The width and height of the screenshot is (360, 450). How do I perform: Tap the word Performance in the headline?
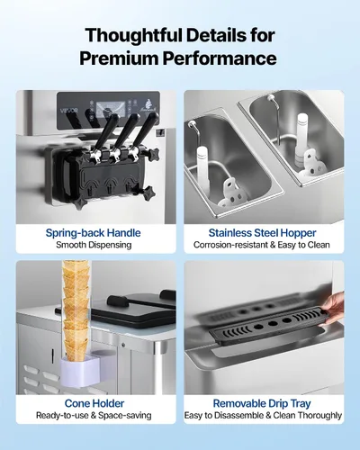click(220, 58)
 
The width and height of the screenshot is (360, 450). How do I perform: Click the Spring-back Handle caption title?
click(93, 233)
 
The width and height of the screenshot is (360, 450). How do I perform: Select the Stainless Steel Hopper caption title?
click(262, 233)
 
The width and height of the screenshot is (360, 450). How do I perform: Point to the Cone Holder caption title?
click(94, 403)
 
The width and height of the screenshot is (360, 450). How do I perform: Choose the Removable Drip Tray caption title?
click(262, 403)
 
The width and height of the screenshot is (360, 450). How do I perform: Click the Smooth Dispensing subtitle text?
click(94, 245)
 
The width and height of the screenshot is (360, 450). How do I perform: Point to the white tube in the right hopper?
click(302, 137)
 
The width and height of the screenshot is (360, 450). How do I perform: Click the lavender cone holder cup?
click(81, 370)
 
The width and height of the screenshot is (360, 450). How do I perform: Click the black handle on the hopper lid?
click(118, 301)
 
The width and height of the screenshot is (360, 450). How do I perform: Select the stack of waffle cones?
click(76, 310)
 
